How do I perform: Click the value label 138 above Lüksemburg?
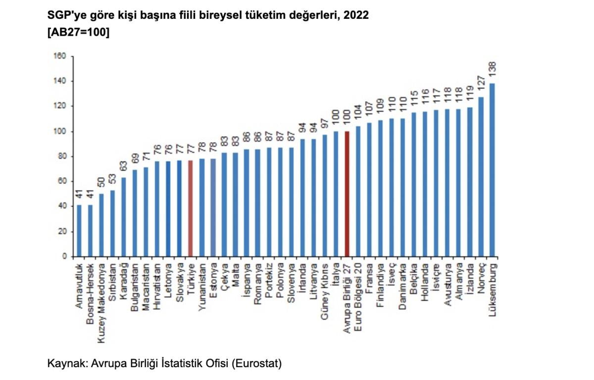(x=492, y=72)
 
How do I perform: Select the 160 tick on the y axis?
(x=60, y=56)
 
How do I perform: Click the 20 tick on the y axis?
(x=62, y=232)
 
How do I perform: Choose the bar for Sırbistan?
(x=112, y=223)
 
